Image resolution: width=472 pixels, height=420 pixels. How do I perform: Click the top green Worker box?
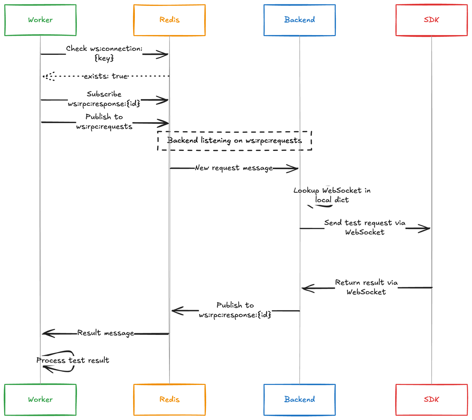pos(40,20)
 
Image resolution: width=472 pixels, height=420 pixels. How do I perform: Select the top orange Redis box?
pos(169,20)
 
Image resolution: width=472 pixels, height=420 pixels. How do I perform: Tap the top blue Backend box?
pos(299,20)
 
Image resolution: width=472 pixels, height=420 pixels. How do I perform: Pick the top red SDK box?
pos(431,20)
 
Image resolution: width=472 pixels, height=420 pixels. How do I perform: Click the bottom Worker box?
pos(40,399)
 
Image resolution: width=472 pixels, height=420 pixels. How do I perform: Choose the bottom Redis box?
pos(169,399)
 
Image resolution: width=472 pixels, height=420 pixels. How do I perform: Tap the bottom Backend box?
pos(299,399)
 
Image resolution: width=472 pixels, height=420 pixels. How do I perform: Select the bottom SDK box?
pos(431,399)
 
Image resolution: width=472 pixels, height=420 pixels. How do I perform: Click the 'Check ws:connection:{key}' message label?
pos(104,53)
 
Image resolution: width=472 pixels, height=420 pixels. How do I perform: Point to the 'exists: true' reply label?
pos(106,76)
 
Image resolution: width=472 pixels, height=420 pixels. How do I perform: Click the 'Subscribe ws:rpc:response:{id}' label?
pos(104,99)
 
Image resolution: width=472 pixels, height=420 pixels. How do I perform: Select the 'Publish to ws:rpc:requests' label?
pos(104,121)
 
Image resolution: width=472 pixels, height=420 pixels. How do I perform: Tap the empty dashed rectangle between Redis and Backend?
pos(235,141)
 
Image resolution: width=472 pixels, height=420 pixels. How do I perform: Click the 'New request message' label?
pos(234,168)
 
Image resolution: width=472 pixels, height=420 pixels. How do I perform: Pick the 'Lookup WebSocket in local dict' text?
pos(332,195)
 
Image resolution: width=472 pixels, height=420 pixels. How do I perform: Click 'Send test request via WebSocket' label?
pos(365,227)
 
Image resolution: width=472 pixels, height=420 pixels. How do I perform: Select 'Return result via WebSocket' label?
pos(366,287)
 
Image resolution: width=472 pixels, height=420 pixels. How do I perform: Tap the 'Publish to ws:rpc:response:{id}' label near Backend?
pos(235,310)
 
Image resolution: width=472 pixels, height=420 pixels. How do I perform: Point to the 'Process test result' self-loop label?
pos(73,360)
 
